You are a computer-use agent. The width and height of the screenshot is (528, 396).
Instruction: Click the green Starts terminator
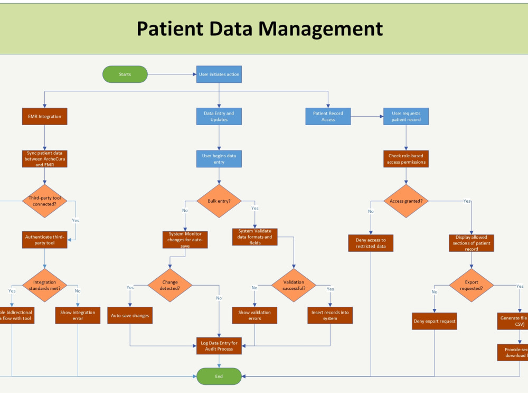125,74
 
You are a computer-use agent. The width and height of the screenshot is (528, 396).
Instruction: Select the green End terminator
219,376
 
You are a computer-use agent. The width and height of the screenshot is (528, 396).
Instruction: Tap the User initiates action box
219,74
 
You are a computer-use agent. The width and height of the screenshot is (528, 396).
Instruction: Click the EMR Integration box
44,116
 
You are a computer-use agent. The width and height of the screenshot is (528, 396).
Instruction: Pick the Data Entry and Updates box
219,116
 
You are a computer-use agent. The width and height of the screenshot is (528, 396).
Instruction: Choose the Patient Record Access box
328,116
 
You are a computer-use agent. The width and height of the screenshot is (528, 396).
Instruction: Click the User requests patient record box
406,116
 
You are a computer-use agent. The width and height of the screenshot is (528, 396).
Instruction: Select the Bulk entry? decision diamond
219,201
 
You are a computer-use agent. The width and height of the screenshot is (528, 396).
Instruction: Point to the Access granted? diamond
406,201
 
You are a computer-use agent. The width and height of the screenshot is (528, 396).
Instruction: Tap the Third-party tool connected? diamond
44,201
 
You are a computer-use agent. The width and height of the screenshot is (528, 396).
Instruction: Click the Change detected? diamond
170,285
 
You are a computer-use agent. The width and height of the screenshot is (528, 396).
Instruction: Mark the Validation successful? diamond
294,285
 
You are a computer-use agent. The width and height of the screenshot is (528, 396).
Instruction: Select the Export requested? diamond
471,285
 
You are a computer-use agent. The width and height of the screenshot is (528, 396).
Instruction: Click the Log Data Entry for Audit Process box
219,346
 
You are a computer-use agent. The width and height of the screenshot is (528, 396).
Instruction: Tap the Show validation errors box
254,315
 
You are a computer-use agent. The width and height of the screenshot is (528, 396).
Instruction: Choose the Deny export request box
435,321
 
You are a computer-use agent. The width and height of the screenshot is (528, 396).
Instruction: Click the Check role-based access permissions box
406,159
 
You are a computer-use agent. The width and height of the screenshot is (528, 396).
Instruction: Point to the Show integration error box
78,315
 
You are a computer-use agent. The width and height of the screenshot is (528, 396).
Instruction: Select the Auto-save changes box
130,315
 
